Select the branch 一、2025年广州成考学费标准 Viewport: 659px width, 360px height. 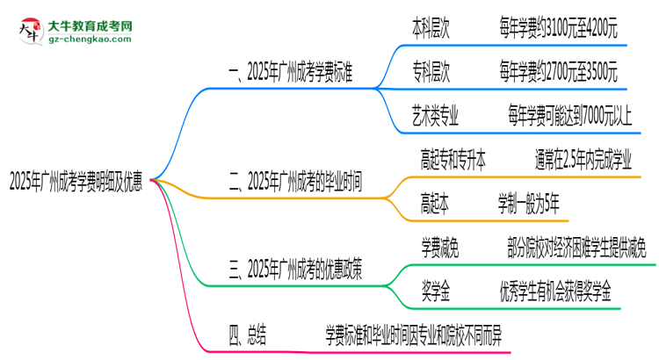tap(290, 76)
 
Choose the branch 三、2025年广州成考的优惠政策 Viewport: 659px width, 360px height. tap(294, 270)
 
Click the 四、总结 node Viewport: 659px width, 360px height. tap(248, 334)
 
